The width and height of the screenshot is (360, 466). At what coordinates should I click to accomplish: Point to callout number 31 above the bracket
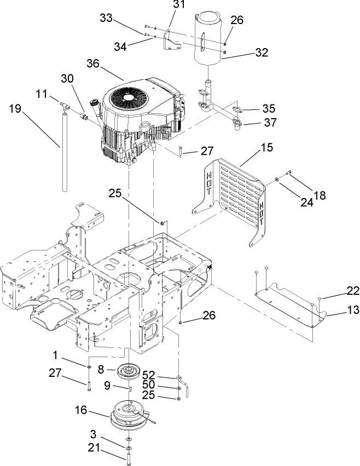pos(179,5)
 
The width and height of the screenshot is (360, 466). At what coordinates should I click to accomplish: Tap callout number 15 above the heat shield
pos(251,147)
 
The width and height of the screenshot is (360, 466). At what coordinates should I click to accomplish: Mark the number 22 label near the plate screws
pos(339,290)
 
